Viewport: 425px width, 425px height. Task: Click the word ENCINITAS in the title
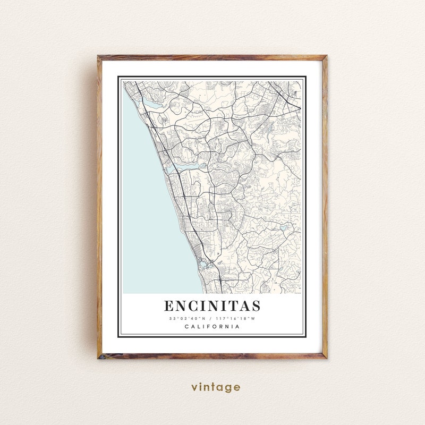(212, 307)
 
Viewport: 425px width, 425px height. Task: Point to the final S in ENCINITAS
(256, 307)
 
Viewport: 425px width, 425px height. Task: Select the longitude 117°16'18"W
(235, 319)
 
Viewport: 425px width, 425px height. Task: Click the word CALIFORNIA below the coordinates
(212, 327)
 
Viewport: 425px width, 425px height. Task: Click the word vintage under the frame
(216, 387)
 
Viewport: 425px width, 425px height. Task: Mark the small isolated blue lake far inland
(283, 227)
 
